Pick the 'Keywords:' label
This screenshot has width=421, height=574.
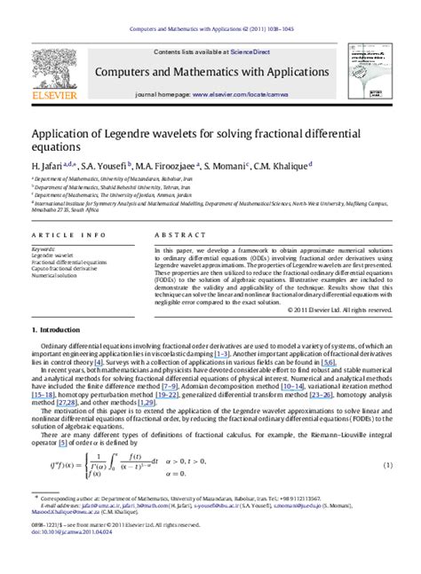click(44, 249)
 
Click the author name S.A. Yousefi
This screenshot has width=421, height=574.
click(106, 165)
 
